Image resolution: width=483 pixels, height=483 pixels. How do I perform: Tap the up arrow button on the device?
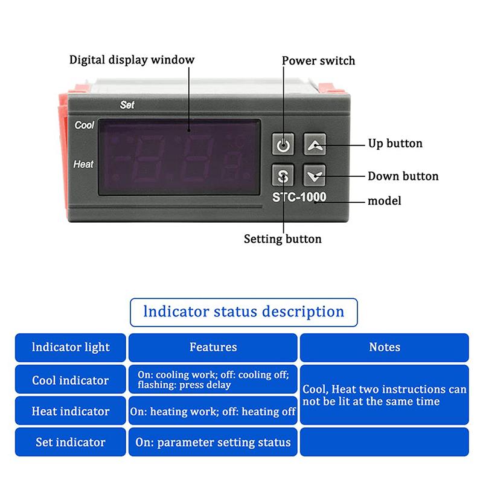coord(314,145)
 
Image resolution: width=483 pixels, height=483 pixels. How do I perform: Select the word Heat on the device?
coord(83,164)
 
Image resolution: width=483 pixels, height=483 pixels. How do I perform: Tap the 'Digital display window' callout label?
coord(132,60)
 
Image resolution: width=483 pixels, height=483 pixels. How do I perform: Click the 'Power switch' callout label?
coord(319,60)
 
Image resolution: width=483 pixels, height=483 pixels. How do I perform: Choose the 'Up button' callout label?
coord(395,144)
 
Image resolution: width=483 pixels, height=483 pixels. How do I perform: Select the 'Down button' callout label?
coord(403,176)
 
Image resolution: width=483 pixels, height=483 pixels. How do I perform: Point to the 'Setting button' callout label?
coord(283,238)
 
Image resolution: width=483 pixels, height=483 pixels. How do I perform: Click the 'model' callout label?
coord(385,200)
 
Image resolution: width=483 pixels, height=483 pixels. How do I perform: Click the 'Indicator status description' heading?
coord(244,312)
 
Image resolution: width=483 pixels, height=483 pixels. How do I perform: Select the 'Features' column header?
coord(213,347)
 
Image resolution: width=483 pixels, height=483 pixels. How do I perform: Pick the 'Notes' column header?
coord(385,347)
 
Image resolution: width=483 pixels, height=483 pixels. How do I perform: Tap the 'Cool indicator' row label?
coord(71,380)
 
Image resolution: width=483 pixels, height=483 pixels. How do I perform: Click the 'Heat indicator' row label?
coord(71,411)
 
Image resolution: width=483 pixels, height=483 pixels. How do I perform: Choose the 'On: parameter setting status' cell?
coord(213,442)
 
